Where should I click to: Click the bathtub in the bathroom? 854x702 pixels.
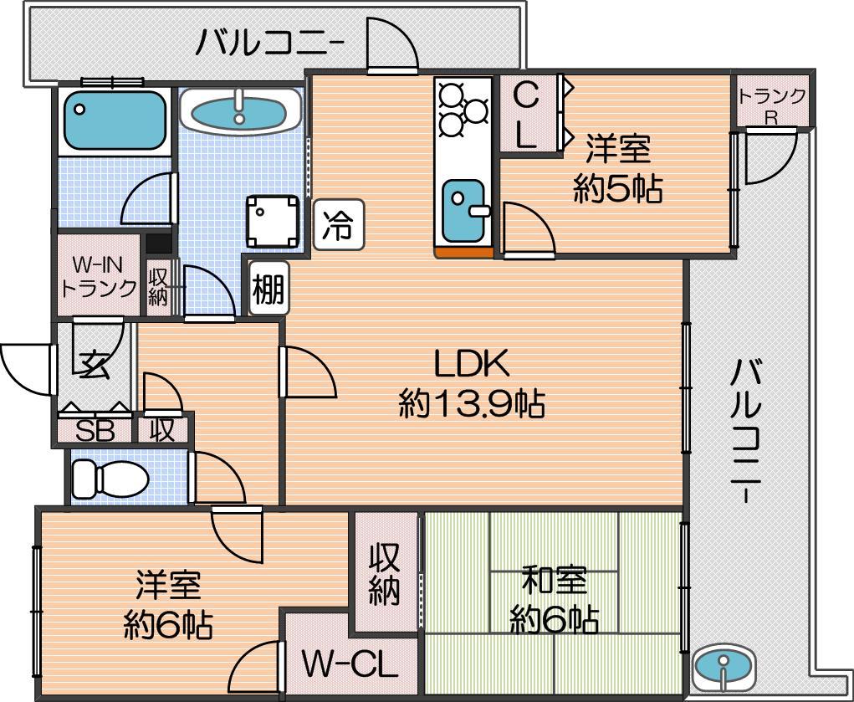tap(115, 119)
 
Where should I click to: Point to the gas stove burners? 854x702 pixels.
tap(462, 109)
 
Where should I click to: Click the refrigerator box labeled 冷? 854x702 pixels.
tap(339, 225)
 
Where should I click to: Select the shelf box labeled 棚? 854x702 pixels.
tap(268, 290)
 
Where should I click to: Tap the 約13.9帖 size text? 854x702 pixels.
tap(471, 405)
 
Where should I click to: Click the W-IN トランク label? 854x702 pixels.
tap(99, 277)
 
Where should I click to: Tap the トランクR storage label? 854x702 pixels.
tap(771, 103)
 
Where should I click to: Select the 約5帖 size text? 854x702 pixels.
tap(617, 190)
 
